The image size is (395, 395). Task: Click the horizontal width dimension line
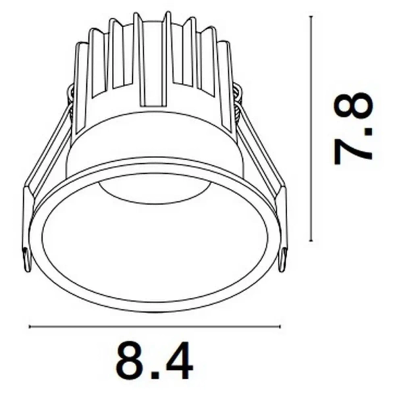pos(155,325)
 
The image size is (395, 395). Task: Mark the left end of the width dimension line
pos(30,325)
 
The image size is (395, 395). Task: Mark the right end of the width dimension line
pos(280,325)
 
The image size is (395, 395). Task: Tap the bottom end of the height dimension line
pos(311,242)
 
